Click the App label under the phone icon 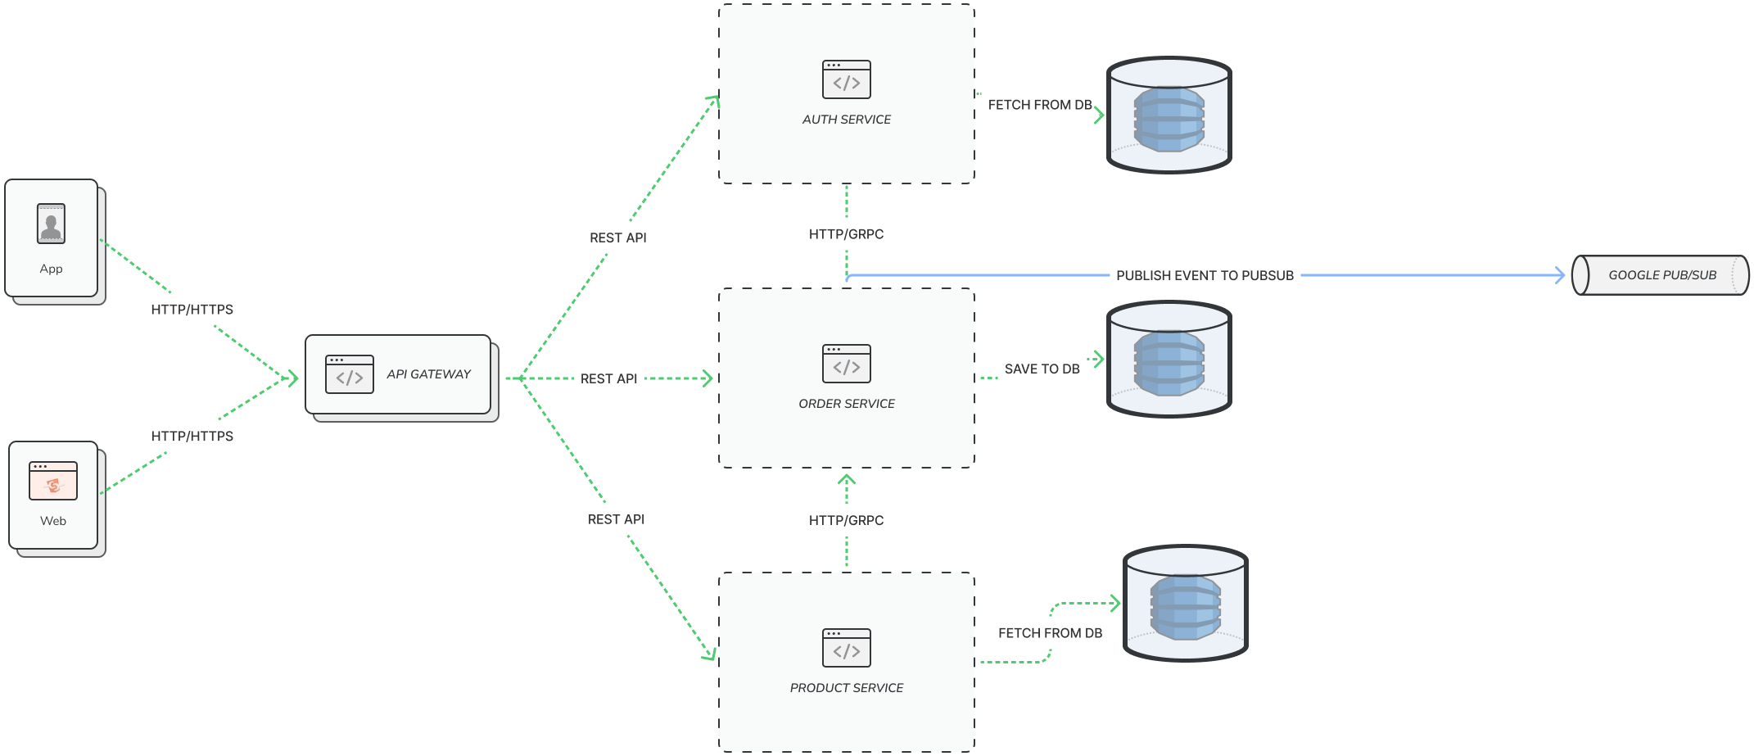(51, 269)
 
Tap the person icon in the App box (51, 224)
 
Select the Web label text (52, 521)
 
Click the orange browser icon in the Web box (53, 481)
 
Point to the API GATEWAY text (428, 374)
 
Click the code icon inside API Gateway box (350, 374)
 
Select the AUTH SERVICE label (846, 120)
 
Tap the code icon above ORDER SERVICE (846, 364)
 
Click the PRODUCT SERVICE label (846, 688)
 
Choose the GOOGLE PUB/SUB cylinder (1661, 275)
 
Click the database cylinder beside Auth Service (1169, 115)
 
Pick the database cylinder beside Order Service (1169, 359)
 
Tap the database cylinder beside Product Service (1185, 603)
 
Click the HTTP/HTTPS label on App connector (192, 310)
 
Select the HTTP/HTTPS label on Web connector (192, 437)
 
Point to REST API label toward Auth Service (617, 238)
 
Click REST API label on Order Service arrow (608, 378)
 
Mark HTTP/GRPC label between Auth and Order (846, 234)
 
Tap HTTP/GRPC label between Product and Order (846, 520)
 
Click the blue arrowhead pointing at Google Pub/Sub (1560, 275)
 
